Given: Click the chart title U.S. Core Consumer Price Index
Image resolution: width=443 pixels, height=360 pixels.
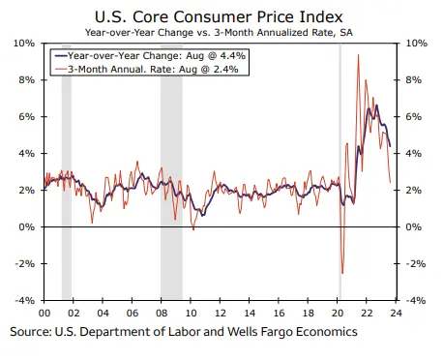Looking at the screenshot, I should click(221, 16).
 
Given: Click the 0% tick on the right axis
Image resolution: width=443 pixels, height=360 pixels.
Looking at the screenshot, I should click(414, 227).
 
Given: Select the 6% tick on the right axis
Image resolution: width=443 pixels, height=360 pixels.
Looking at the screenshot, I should click(414, 117).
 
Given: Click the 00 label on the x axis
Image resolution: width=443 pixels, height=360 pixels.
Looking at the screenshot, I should click(44, 313).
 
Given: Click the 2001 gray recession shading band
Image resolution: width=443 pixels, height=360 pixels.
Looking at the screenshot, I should click(67, 174).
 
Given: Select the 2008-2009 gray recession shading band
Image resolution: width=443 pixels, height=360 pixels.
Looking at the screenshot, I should click(171, 174).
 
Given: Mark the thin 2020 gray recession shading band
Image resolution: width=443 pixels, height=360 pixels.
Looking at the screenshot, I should click(340, 174).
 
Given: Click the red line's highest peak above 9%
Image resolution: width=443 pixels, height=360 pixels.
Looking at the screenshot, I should click(359, 55).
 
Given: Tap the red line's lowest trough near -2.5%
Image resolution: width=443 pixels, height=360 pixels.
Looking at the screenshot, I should click(341, 273).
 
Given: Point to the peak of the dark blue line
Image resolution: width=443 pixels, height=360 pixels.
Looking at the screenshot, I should click(375, 105).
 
